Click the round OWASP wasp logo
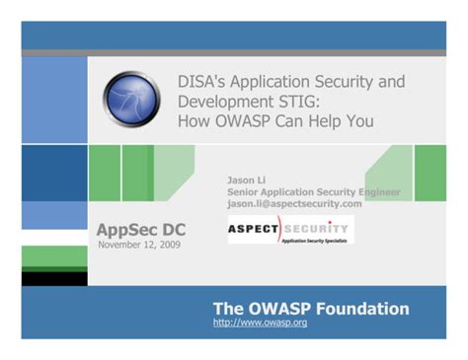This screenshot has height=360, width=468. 130,99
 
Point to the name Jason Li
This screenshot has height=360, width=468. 245,181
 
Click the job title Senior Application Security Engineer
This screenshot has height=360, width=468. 314,192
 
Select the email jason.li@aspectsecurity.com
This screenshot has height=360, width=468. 294,203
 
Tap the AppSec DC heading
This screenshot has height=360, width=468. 140,230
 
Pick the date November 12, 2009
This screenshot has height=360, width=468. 137,245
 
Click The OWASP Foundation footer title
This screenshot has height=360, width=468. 310,309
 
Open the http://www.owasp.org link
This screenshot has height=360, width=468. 260,323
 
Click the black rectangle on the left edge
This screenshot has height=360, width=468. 54,278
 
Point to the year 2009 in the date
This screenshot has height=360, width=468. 168,245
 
